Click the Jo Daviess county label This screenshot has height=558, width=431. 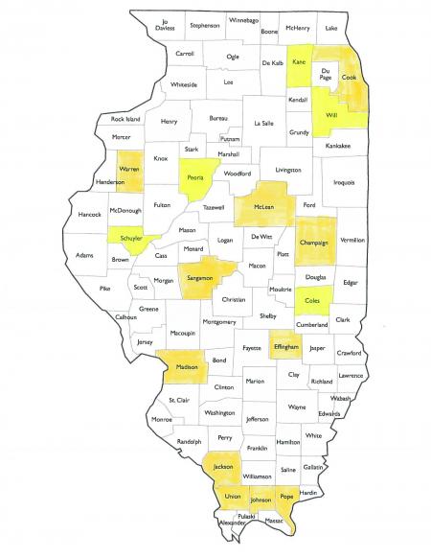(x=166, y=26)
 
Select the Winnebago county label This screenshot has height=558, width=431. (x=243, y=19)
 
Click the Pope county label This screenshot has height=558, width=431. (x=285, y=497)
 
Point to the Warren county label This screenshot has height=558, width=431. (x=129, y=170)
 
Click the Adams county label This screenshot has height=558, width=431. (x=85, y=256)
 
